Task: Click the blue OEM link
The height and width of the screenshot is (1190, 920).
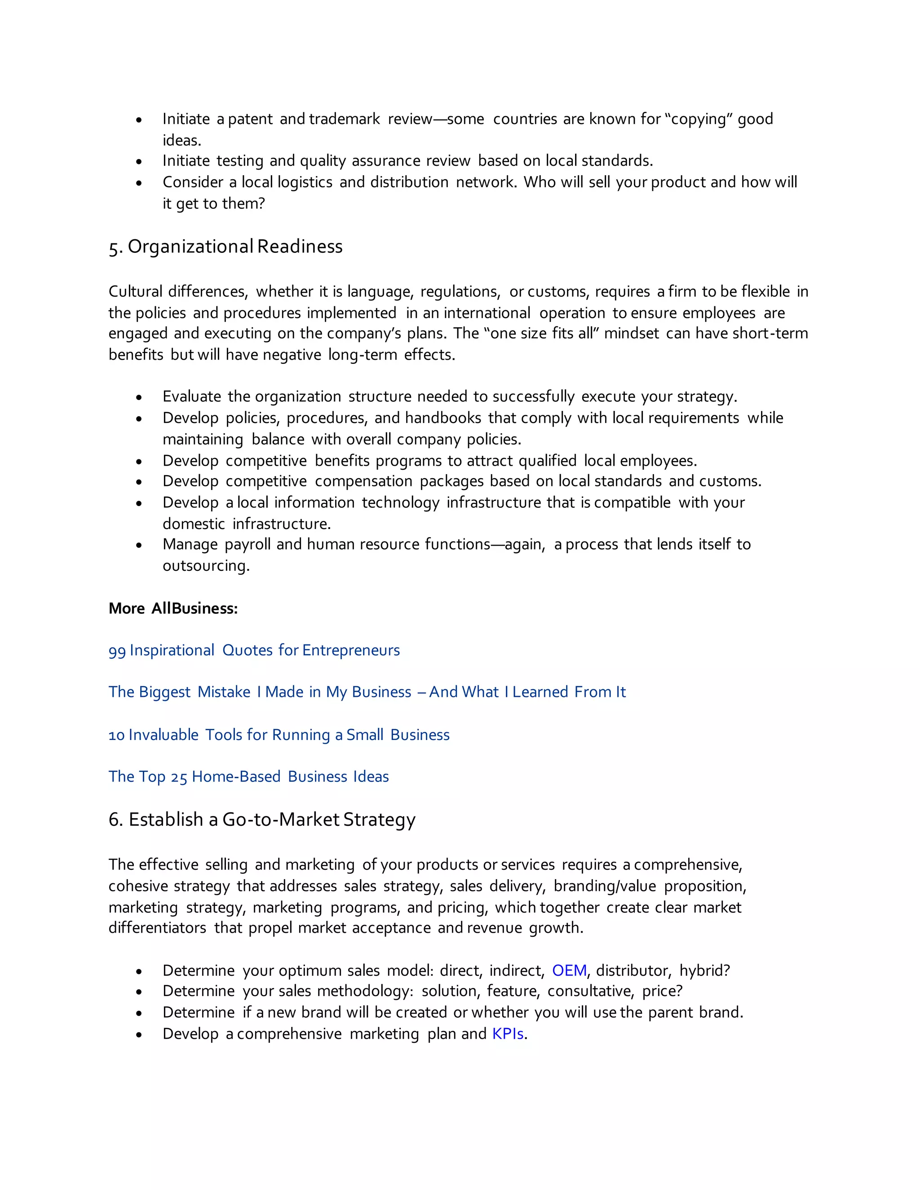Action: point(569,970)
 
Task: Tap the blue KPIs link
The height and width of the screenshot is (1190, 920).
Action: point(508,1034)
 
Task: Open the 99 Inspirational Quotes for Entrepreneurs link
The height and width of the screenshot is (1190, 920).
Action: point(254,650)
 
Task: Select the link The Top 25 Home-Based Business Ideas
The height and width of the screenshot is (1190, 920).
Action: point(248,776)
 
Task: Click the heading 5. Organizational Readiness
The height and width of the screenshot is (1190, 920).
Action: point(226,247)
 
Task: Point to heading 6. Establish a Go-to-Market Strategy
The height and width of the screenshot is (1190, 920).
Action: point(261,820)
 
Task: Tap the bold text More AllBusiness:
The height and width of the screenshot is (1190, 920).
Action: point(173,608)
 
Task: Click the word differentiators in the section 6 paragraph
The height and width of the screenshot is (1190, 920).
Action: point(157,928)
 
